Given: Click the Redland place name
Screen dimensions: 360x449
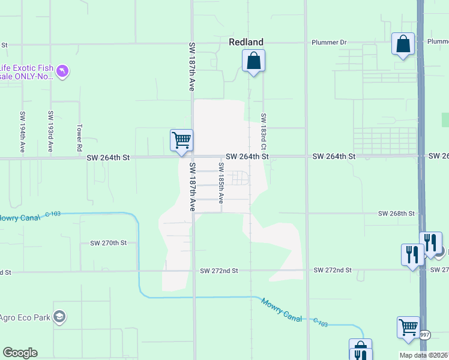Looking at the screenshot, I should pos(246,42).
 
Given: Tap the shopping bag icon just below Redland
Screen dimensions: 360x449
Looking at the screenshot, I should pos(253,61).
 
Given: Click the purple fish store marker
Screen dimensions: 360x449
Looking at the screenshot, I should pos(62,72).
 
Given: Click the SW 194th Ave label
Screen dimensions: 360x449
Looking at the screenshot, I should pos(23,132).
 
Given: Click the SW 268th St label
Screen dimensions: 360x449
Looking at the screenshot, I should pos(396,214).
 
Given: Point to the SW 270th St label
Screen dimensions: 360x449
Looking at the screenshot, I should pos(108,243).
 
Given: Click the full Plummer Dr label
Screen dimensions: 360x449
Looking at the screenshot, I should pos(329,43).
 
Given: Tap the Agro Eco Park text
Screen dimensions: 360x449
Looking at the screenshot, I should pos(24,316).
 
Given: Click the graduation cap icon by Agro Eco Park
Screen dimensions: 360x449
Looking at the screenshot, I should pos(59,316).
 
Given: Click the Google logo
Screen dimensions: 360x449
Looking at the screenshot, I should pos(20,353).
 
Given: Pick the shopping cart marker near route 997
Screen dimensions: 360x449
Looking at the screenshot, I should pos(408,328).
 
